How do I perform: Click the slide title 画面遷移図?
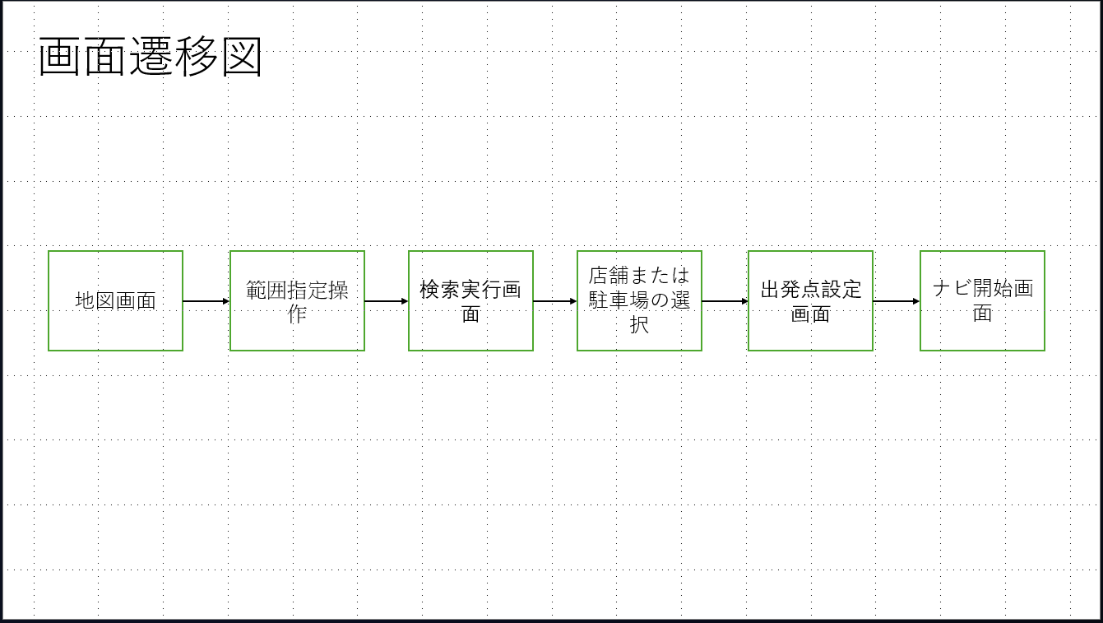tap(151, 58)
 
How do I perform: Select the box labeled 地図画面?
tap(115, 301)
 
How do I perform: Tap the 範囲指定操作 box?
tap(297, 301)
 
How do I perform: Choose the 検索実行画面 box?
tap(470, 301)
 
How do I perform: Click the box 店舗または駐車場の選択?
tap(639, 301)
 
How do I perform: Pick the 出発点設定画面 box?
tap(810, 301)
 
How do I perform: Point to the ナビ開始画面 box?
tap(982, 301)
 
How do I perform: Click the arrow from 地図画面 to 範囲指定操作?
tap(206, 301)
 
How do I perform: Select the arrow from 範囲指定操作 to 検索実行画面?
tap(386, 301)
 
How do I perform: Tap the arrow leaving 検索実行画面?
tap(554, 301)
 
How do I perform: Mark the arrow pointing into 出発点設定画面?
tap(725, 301)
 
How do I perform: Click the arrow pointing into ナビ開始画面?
tap(896, 301)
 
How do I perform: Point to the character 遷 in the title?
tap(151, 58)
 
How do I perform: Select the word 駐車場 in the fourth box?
tap(619, 300)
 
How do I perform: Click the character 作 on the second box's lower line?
tap(297, 314)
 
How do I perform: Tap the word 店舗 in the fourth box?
tap(609, 275)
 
